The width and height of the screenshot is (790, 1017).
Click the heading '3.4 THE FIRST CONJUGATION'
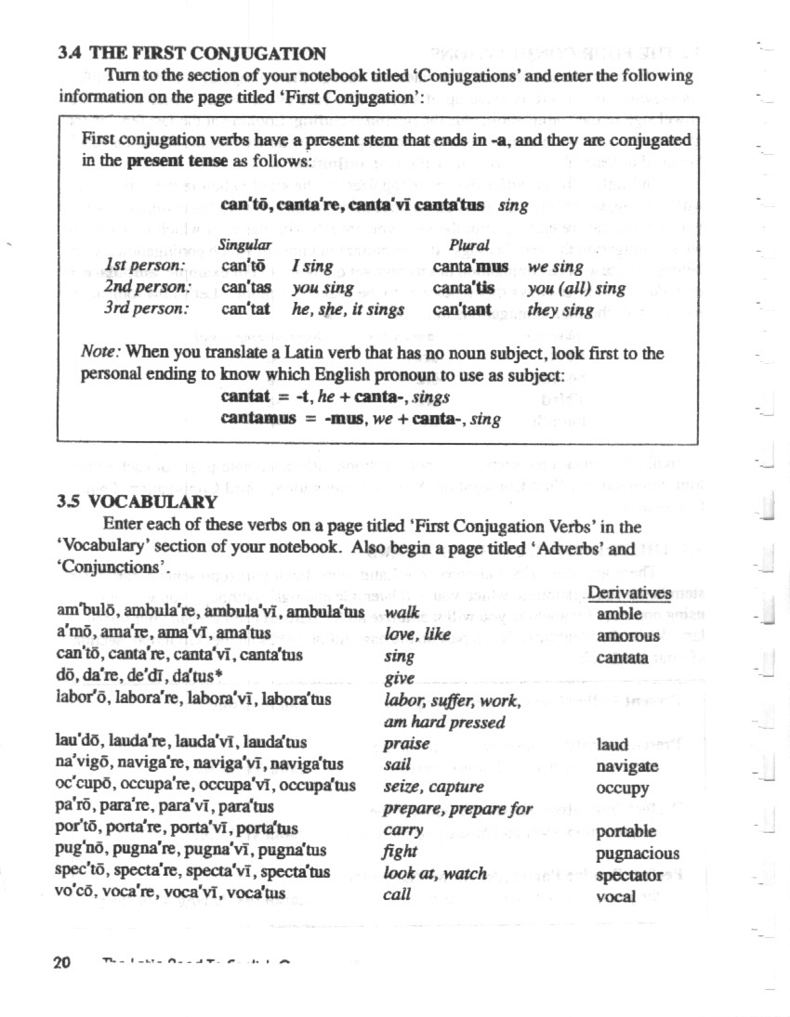191,54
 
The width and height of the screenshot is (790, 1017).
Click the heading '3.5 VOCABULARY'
138,502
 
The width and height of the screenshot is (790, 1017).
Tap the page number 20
62,962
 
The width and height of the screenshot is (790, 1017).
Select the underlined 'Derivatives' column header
629,593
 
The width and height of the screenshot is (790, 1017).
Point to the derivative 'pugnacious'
638,854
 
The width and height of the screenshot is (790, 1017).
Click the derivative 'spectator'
629,875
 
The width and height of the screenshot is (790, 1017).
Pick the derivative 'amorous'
628,636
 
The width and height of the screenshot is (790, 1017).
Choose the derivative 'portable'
626,832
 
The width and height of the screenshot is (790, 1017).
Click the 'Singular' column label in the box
245,246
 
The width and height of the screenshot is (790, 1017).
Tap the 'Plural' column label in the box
469,246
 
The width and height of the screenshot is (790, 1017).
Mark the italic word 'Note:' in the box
101,353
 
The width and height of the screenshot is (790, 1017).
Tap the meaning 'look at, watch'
434,874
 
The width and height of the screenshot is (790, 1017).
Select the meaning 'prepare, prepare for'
458,809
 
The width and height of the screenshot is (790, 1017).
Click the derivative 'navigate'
627,766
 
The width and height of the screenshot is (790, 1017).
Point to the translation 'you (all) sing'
576,289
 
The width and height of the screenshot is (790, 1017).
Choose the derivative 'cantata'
623,658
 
